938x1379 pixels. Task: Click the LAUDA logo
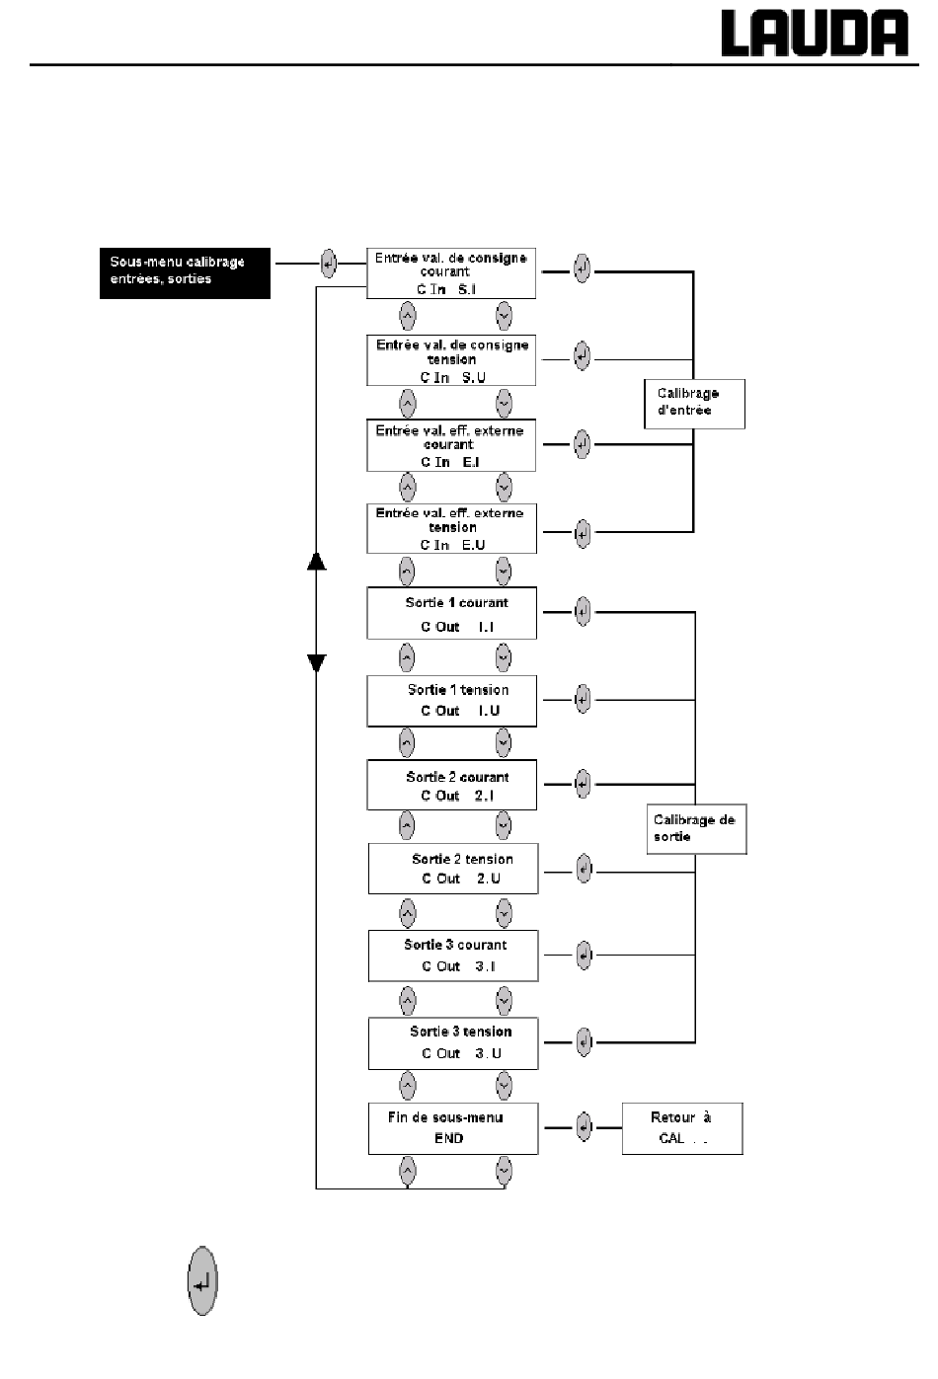815,34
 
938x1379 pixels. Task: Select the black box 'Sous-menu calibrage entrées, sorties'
185,273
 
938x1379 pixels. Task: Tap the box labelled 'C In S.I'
451,273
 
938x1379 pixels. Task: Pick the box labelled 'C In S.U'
451,360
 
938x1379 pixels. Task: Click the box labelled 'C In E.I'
451,446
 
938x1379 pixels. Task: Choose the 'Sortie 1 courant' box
451,613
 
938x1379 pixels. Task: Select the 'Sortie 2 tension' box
453,869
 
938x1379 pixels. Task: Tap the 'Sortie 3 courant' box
453,956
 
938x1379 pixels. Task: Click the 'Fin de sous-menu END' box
453,1128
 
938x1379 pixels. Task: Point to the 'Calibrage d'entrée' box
695,404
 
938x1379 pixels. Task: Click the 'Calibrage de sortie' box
696,828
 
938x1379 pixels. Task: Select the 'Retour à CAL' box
682,1128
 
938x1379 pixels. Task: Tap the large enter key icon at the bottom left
202,1280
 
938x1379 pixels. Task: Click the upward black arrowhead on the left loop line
317,561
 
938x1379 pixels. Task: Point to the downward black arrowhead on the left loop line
317,663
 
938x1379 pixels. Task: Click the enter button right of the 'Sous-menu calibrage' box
329,265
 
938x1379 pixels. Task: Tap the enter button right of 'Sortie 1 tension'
583,699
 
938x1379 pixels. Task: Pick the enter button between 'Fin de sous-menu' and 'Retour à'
584,1127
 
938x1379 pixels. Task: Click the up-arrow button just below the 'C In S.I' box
407,317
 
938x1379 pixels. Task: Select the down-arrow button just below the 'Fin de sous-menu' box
504,1171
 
